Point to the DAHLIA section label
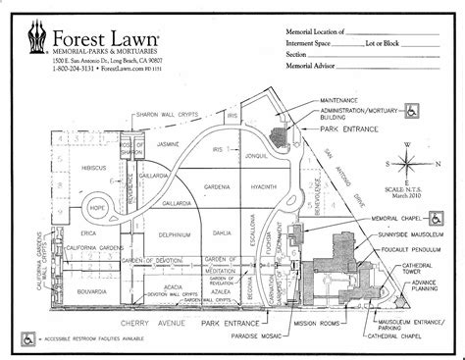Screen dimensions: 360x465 point(218,234)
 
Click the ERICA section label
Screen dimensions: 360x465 point(62,232)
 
